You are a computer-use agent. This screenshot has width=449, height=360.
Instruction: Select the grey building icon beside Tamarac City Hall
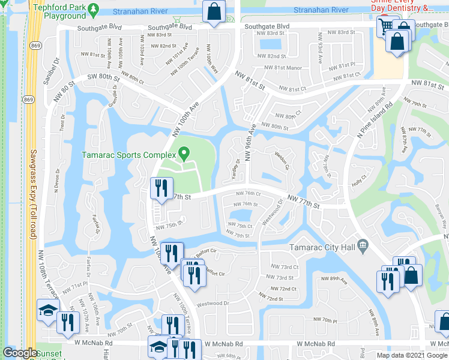(x=362, y=245)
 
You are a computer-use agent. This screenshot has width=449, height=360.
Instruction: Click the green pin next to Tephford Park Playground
(x=94, y=10)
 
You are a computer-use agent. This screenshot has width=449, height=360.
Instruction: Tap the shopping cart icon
(x=386, y=26)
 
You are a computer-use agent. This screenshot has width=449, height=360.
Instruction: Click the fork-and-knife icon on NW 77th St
(x=159, y=188)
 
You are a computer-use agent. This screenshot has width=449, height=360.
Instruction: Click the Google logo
(x=20, y=353)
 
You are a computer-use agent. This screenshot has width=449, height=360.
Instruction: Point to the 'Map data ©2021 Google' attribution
(x=412, y=355)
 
